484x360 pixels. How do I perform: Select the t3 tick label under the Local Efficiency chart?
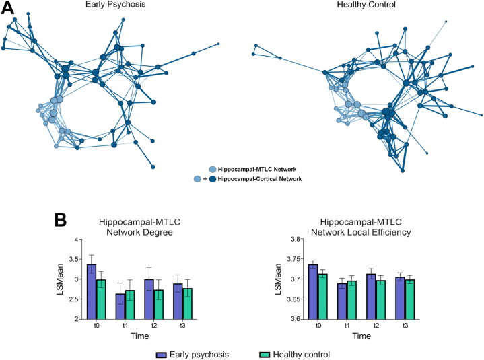[405, 326]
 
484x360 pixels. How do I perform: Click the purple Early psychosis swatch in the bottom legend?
[161, 353]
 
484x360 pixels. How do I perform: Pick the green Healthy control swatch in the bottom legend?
[265, 353]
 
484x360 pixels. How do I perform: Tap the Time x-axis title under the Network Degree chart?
[140, 335]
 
